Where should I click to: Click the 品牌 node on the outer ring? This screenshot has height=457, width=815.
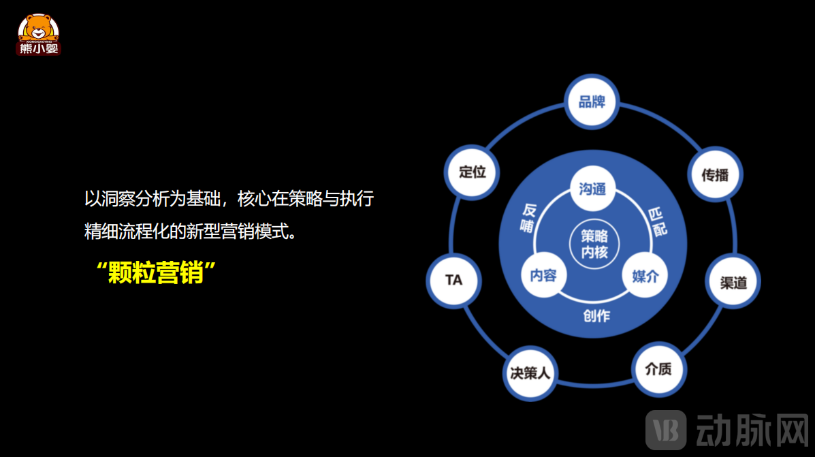tap(592, 101)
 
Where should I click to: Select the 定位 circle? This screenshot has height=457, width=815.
tap(472, 172)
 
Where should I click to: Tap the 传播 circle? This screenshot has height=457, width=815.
tap(715, 174)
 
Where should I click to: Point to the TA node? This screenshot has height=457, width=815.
tap(453, 281)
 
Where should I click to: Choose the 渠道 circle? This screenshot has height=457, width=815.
tap(733, 282)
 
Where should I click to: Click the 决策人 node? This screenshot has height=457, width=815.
tap(530, 373)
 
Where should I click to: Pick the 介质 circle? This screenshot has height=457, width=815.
tap(659, 369)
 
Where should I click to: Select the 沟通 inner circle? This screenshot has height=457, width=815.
tap(592, 189)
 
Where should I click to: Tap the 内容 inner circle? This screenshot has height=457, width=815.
tap(544, 275)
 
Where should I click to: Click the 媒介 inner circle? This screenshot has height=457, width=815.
tap(645, 276)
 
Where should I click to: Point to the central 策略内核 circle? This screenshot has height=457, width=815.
tap(594, 244)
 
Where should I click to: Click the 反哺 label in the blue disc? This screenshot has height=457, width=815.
tap(528, 218)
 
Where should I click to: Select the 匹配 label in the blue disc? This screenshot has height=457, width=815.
tap(658, 222)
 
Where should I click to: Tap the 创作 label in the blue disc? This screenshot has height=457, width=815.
tap(596, 316)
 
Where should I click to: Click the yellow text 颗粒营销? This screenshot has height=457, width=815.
tap(156, 272)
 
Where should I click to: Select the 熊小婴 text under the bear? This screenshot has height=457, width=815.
tap(38, 49)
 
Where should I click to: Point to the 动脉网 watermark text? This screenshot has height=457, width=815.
tap(752, 430)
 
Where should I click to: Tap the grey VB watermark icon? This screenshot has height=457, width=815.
tap(666, 430)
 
